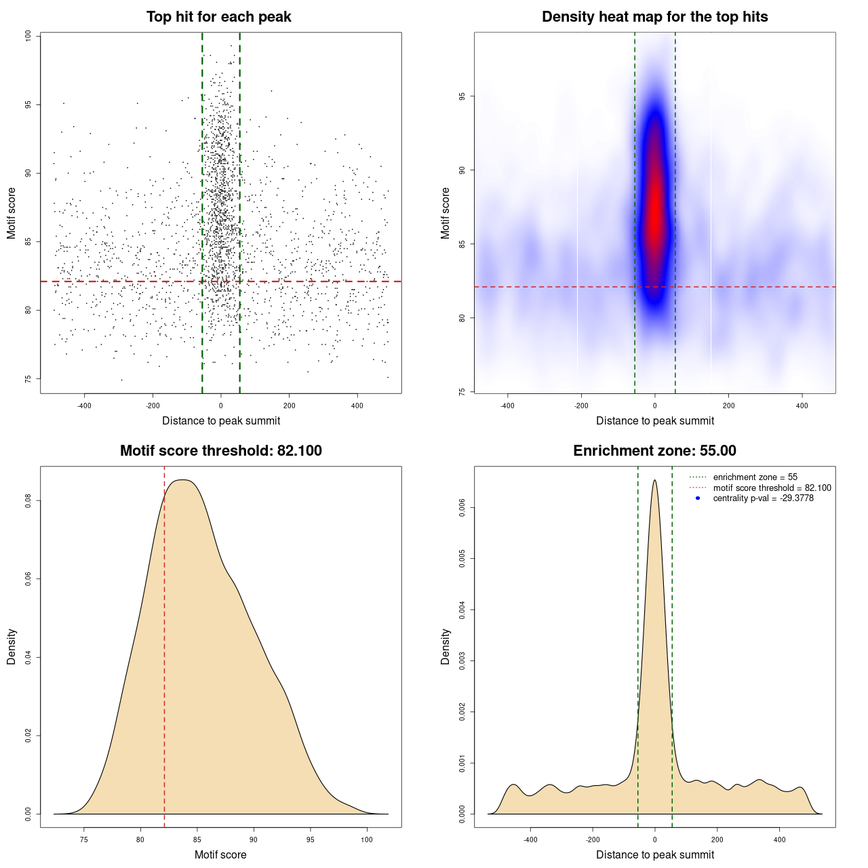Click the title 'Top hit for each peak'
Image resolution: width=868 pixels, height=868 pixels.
point(218,17)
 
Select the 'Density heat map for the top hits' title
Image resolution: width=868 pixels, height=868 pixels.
point(654,17)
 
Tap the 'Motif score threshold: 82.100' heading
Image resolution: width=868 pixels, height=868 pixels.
point(220,451)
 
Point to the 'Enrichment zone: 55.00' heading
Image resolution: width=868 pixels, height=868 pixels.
point(654,451)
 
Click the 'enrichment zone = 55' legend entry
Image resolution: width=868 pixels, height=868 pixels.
point(755,477)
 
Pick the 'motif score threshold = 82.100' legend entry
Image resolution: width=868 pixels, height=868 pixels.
point(772,488)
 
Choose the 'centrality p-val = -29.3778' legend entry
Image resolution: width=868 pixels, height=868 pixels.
point(763,498)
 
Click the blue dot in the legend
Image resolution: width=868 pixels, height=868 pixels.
point(698,498)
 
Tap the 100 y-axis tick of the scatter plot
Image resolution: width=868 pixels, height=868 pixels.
point(28,36)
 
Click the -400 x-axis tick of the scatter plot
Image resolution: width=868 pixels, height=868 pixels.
point(84,406)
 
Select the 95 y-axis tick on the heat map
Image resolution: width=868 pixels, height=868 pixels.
point(462,96)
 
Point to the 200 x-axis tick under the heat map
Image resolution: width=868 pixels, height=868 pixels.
point(728,406)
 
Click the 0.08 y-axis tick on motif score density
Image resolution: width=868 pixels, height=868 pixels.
point(28,500)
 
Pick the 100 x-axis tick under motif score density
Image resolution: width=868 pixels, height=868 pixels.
point(367,840)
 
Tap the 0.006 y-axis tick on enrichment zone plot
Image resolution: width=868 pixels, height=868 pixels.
point(462,508)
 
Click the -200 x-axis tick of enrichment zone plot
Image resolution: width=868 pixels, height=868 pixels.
point(593,840)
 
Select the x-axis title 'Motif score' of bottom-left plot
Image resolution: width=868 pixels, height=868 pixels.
point(220,854)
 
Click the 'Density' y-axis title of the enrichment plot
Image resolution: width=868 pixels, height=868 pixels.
point(446,646)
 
